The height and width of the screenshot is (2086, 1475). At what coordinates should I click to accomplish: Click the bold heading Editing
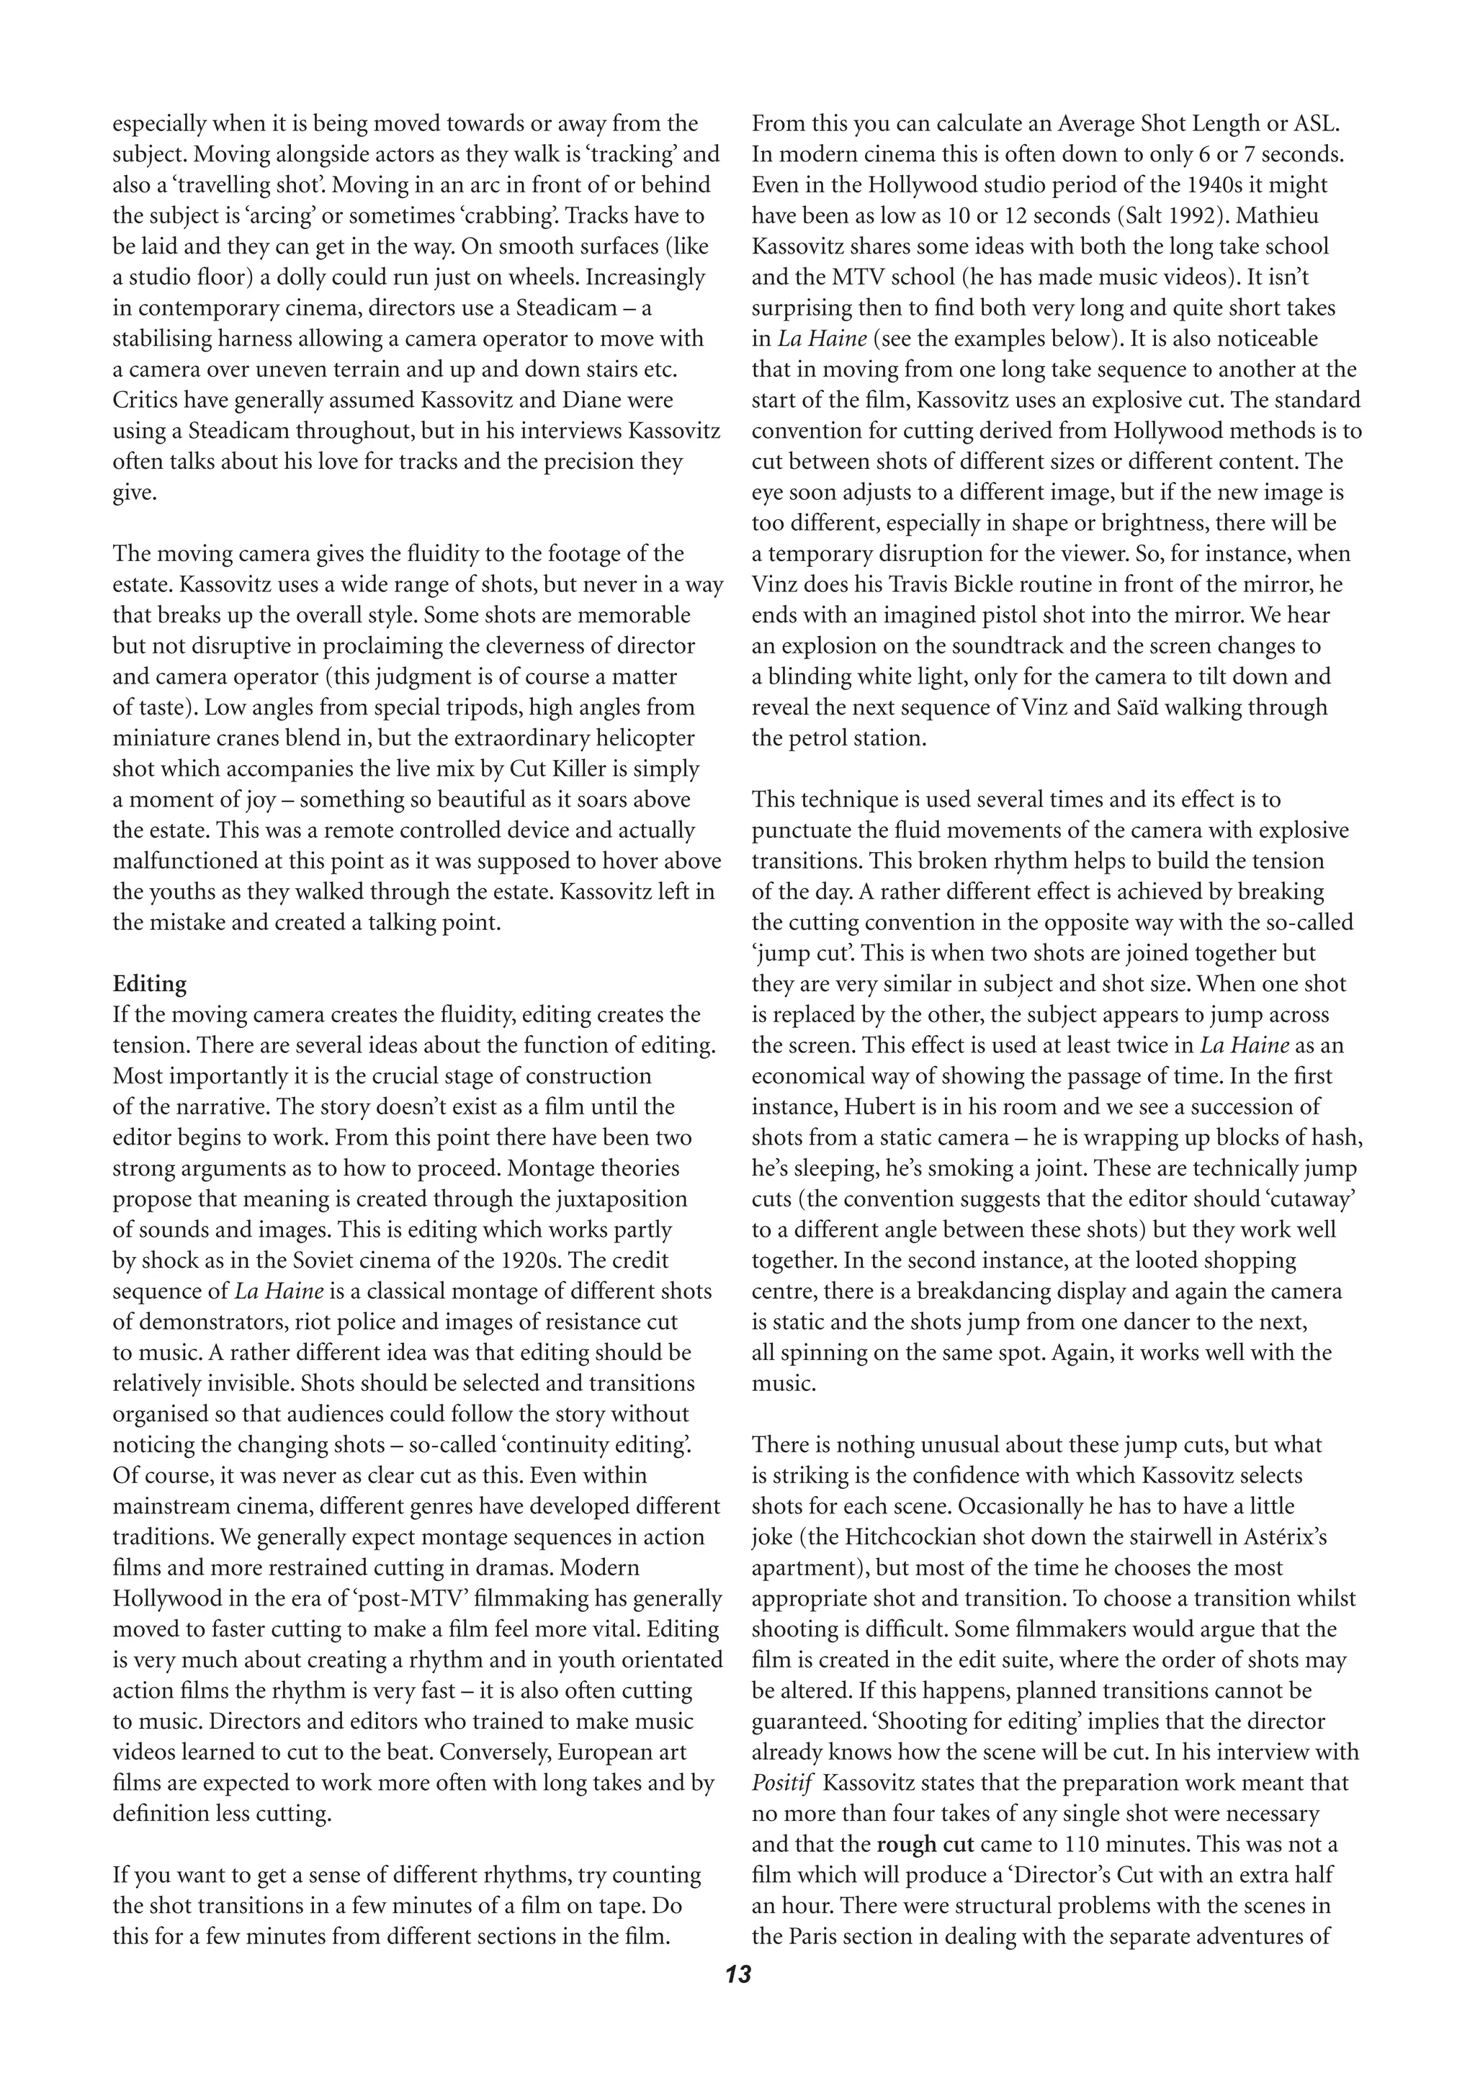(149, 984)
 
